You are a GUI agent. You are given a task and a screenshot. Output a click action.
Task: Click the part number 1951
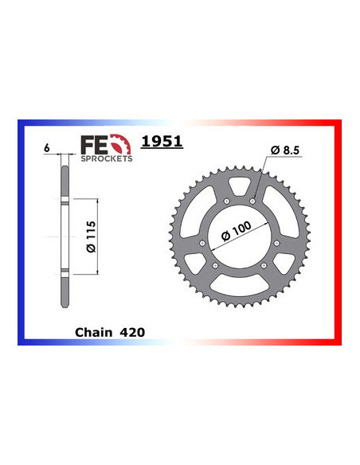click(x=161, y=142)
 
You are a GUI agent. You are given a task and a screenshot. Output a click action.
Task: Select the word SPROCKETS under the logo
click(x=107, y=158)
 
